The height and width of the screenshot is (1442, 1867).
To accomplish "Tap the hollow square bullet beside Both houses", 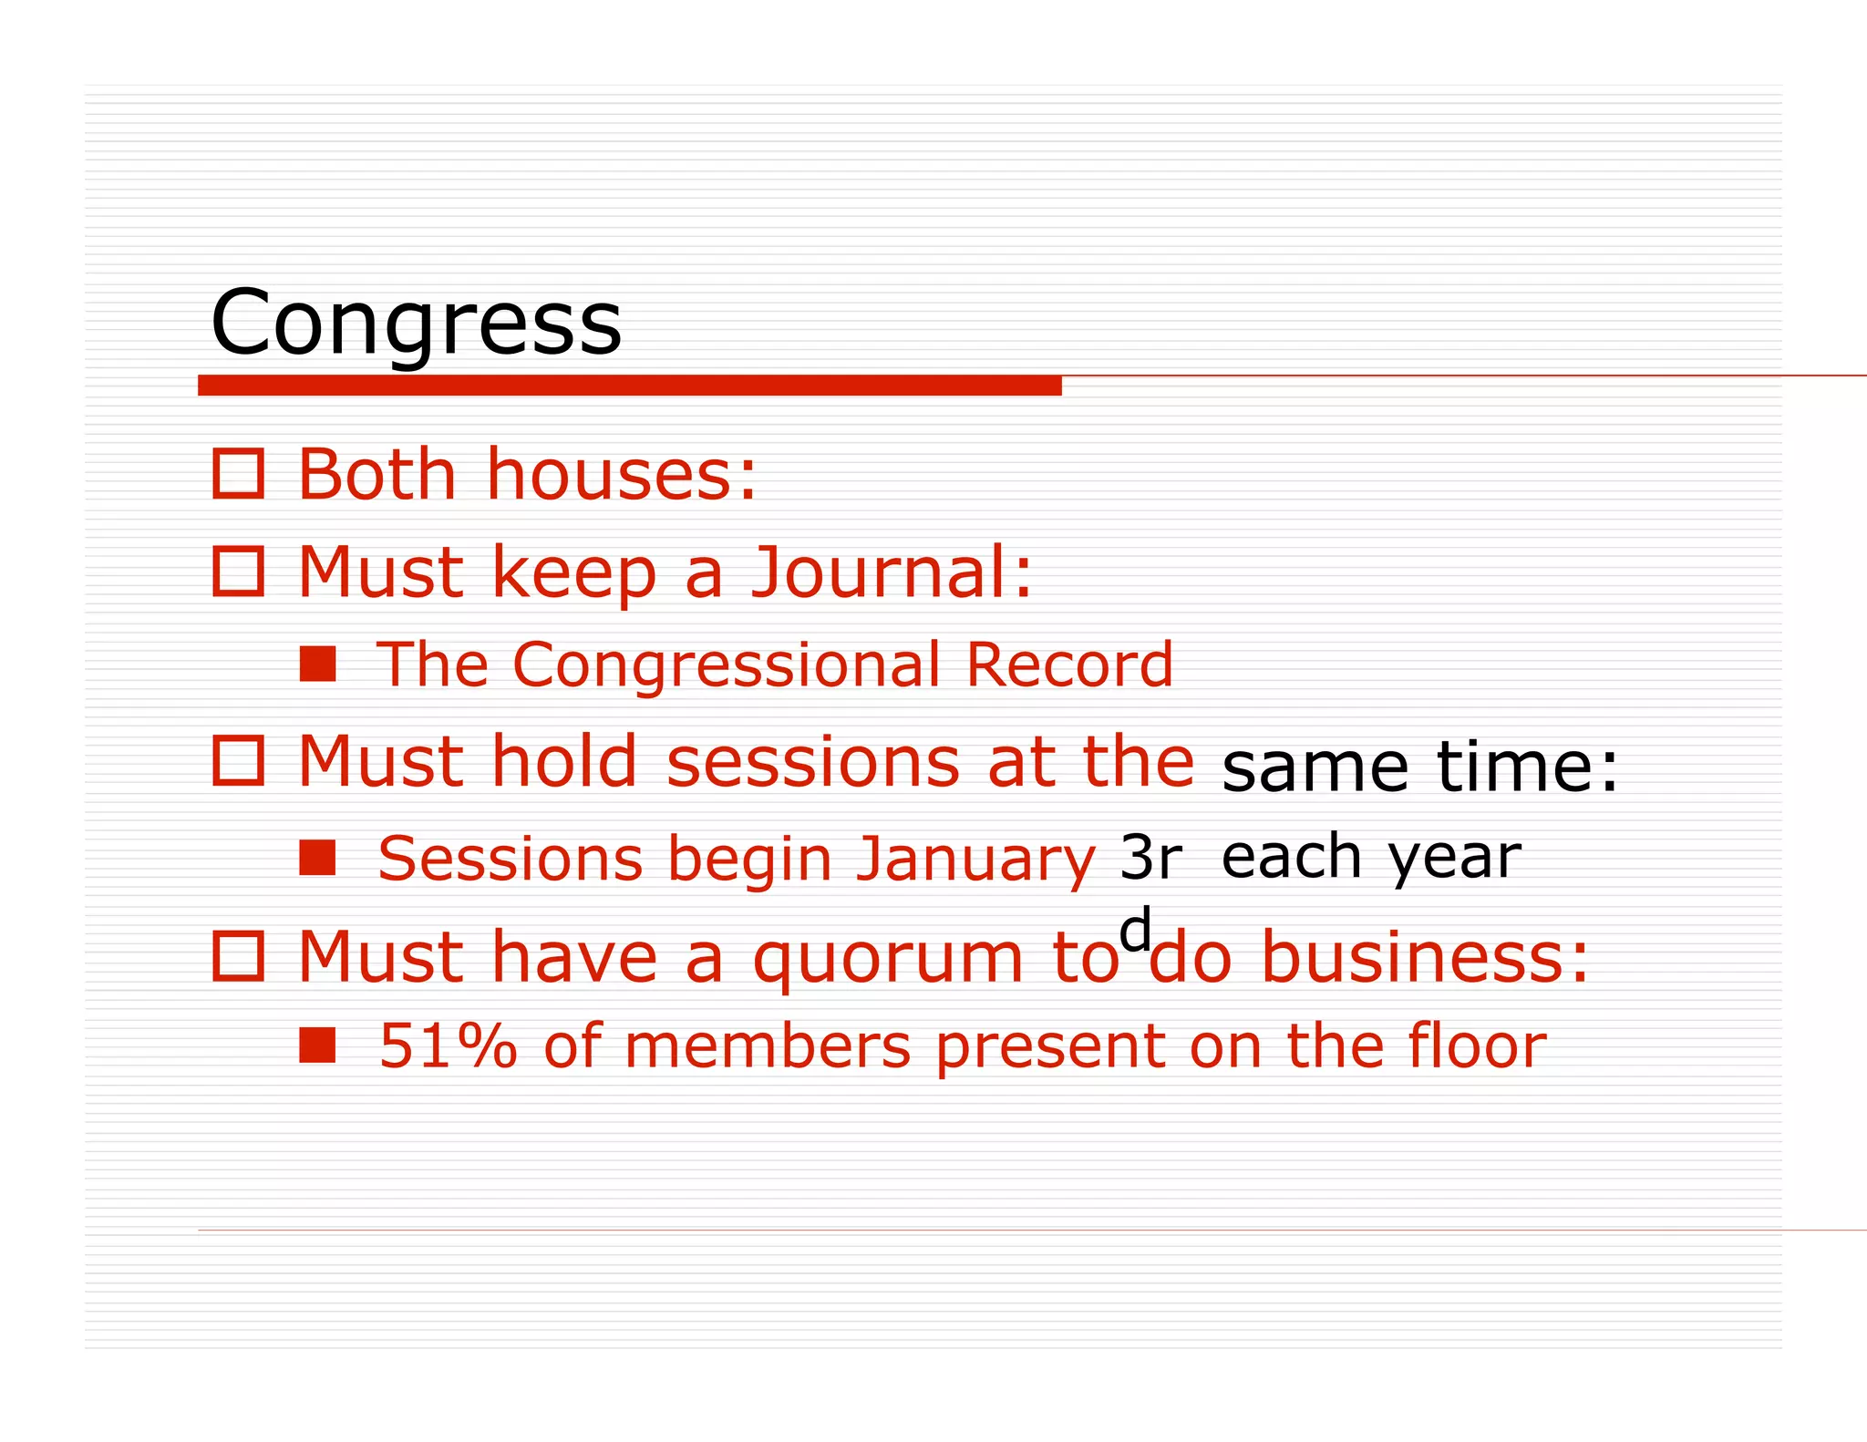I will (238, 474).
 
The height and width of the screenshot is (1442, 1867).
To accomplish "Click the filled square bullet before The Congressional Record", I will (317, 664).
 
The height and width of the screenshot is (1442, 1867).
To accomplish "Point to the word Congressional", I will (726, 664).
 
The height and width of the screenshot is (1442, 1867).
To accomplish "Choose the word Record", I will (1069, 664).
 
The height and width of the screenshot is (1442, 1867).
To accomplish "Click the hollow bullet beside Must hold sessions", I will (238, 760).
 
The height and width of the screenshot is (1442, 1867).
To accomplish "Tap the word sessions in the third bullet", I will (812, 761).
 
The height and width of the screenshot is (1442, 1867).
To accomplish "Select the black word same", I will (1315, 767).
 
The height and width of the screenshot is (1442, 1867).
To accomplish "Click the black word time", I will (1527, 767).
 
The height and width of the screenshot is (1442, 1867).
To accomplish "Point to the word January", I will (975, 859).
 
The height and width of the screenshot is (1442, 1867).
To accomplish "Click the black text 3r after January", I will (1150, 857).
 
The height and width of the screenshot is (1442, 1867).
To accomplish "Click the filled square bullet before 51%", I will (317, 1045).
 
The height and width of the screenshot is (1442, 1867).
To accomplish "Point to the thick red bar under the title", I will (629, 386).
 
